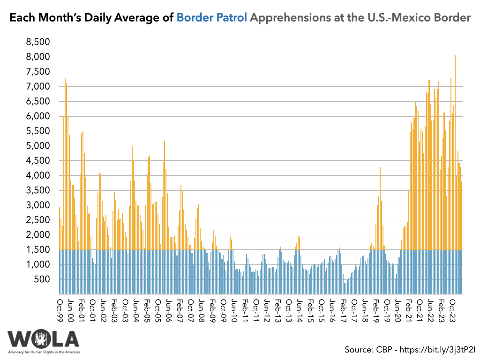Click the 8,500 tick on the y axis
point(38,42)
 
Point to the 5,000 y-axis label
point(38,146)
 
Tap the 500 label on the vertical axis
point(43,280)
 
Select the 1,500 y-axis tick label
point(38,250)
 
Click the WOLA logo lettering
point(43,339)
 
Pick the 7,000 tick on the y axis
point(38,87)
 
